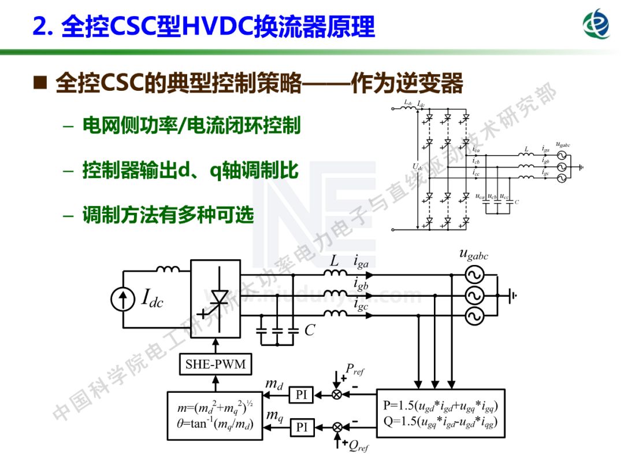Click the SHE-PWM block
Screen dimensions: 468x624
pyautogui.click(x=215, y=364)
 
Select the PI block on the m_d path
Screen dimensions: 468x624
pyautogui.click(x=301, y=395)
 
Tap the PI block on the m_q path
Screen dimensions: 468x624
pyautogui.click(x=301, y=428)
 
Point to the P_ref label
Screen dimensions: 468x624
pyautogui.click(x=354, y=369)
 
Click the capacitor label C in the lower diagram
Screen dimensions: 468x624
pyautogui.click(x=310, y=330)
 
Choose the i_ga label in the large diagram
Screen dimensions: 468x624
pyautogui.click(x=361, y=263)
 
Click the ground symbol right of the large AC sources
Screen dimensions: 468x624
pyautogui.click(x=512, y=296)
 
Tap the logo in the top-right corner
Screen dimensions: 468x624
pyautogui.click(x=596, y=25)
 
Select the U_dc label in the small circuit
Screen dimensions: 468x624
pyautogui.click(x=417, y=167)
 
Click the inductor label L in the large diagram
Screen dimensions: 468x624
pyautogui.click(x=334, y=261)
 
